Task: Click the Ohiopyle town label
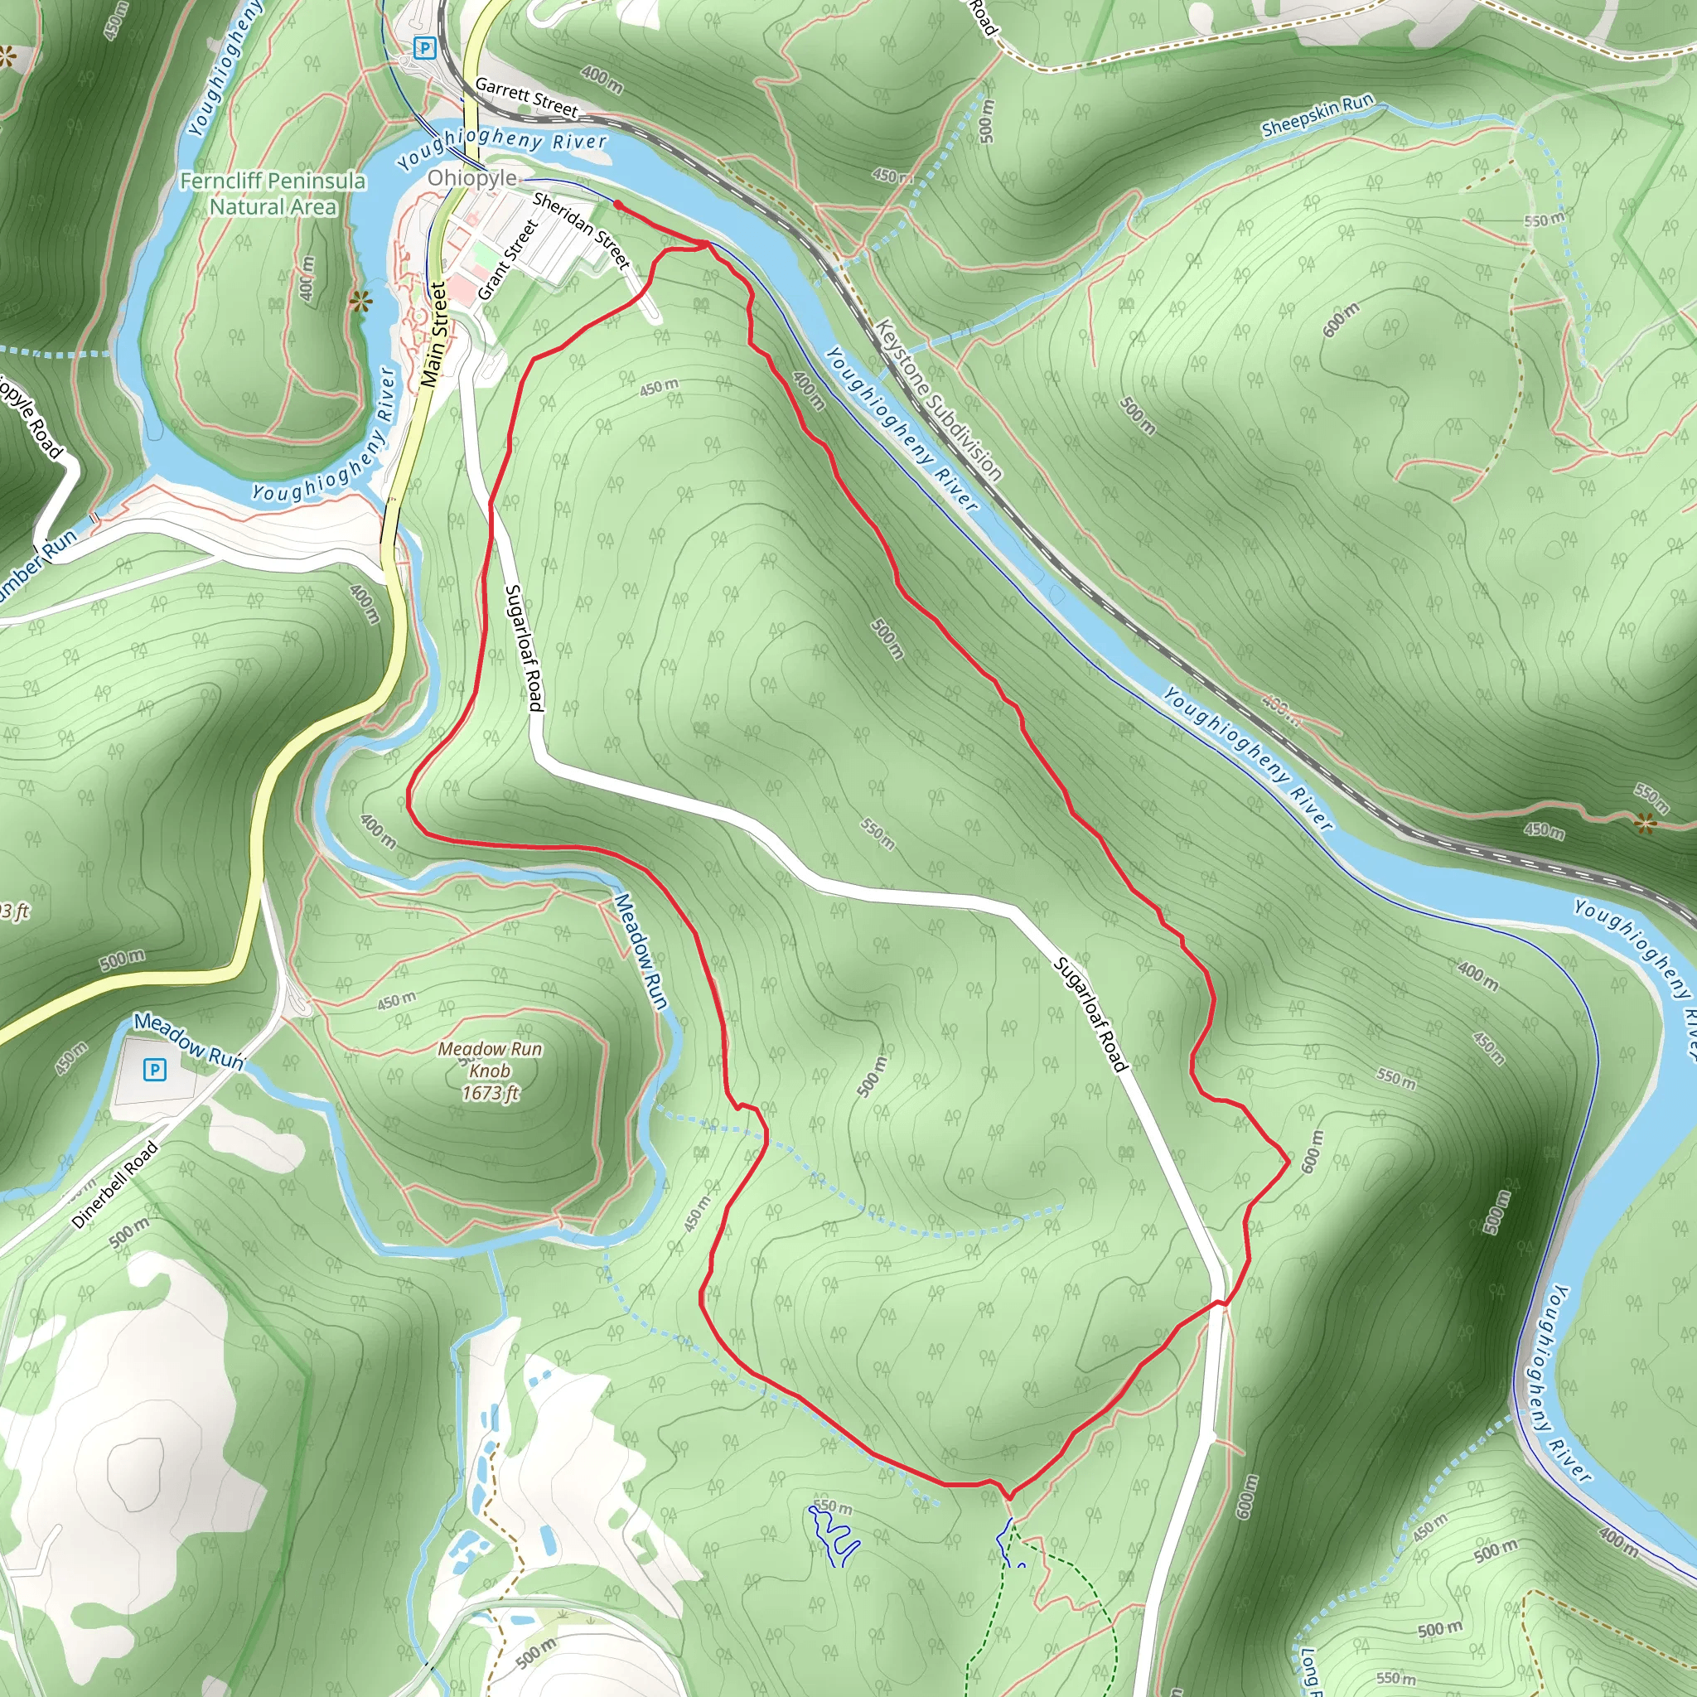pyautogui.click(x=471, y=178)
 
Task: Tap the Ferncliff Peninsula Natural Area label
pyautogui.click(x=273, y=194)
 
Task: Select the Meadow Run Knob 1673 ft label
pyautogui.click(x=491, y=1071)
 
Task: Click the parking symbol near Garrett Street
pyautogui.click(x=425, y=48)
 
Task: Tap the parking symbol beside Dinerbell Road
pyautogui.click(x=155, y=1069)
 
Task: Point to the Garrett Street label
pyautogui.click(x=526, y=98)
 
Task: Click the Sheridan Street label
pyautogui.click(x=581, y=231)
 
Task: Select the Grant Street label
pyautogui.click(x=508, y=259)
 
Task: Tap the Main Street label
pyautogui.click(x=434, y=335)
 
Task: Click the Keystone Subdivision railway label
pyautogui.click(x=938, y=399)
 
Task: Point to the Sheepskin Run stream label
pyautogui.click(x=1317, y=116)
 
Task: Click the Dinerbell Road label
pyautogui.click(x=115, y=1185)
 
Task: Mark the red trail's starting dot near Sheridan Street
pyautogui.click(x=617, y=205)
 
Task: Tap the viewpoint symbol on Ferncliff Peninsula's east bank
pyautogui.click(x=360, y=302)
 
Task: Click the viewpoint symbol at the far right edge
pyautogui.click(x=1645, y=823)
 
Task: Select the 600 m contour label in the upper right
pyautogui.click(x=1341, y=319)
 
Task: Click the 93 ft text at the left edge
pyautogui.click(x=15, y=911)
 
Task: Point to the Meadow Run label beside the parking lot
pyautogui.click(x=188, y=1040)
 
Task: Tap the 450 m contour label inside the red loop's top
pyautogui.click(x=659, y=386)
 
